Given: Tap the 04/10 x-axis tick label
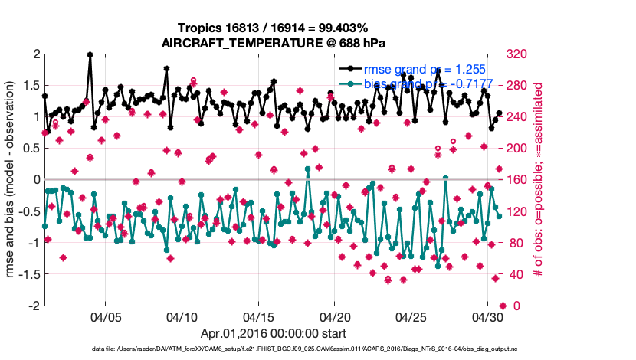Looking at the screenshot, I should click(x=182, y=317).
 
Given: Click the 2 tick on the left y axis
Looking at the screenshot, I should click(x=35, y=54).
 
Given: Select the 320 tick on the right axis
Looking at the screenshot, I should click(x=516, y=54).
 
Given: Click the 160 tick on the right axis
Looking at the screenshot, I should click(x=516, y=180).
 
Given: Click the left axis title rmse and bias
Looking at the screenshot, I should click(x=12, y=180).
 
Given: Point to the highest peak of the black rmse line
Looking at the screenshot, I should click(x=90, y=54).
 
